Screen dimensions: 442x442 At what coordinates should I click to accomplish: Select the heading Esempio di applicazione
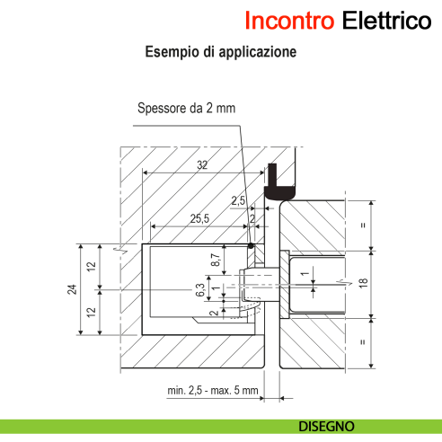coord(221,53)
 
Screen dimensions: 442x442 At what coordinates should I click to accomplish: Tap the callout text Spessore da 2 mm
coord(186,108)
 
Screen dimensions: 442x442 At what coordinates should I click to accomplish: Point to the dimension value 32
coord(202,165)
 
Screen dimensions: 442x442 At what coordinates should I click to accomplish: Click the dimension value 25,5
coord(200,218)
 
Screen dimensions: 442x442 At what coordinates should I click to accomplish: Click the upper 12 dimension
coord(91,266)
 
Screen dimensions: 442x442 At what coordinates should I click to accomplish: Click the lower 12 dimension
coord(91,312)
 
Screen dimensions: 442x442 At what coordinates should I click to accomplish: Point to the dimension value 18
coord(364,283)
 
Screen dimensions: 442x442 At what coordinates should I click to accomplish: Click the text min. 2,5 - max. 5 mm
coord(213,390)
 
